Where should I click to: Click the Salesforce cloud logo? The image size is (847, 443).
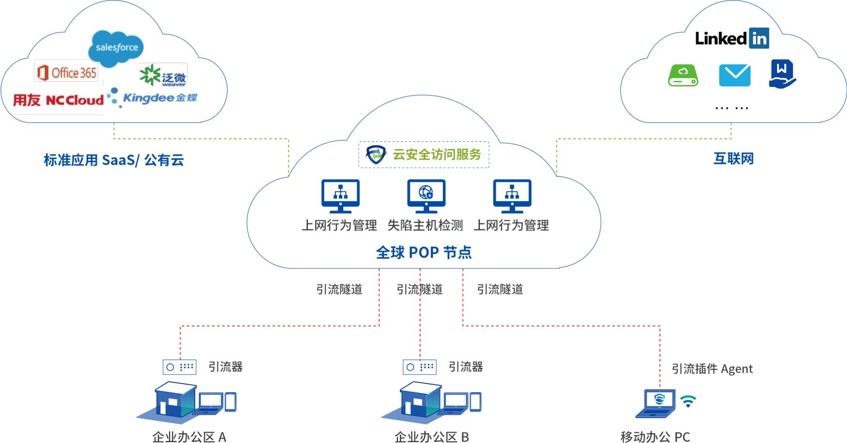click(116, 48)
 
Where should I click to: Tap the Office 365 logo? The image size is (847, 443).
click(67, 72)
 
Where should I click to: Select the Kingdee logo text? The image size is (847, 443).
click(159, 98)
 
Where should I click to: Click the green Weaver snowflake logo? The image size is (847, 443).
click(150, 75)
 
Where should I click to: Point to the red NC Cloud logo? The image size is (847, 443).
click(75, 100)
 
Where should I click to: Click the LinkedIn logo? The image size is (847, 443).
click(732, 39)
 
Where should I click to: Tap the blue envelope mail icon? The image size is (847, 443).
click(735, 75)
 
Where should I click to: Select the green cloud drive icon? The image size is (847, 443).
click(683, 75)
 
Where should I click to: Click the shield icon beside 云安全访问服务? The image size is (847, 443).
click(376, 155)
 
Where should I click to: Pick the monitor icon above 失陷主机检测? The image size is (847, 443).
click(426, 196)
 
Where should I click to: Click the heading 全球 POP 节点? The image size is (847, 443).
click(423, 253)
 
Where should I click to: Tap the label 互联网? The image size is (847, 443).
click(734, 159)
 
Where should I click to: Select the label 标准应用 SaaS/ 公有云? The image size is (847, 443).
click(113, 160)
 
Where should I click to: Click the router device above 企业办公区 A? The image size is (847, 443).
click(180, 367)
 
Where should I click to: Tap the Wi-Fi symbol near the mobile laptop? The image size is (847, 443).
click(688, 401)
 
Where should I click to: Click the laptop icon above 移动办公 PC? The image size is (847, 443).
click(658, 402)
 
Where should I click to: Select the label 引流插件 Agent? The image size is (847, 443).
click(712, 369)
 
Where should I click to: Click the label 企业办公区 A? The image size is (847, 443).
click(189, 437)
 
